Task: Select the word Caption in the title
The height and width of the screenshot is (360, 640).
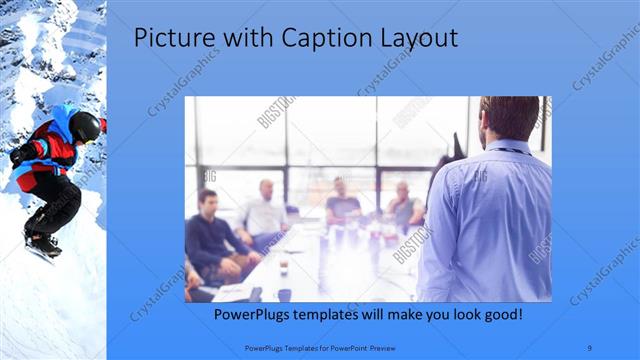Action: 299,39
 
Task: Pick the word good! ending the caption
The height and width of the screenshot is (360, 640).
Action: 497,315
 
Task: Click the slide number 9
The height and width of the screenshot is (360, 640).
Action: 591,347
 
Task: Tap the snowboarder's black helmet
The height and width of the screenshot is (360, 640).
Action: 85,125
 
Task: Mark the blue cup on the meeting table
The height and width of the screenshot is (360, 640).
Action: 284,294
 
